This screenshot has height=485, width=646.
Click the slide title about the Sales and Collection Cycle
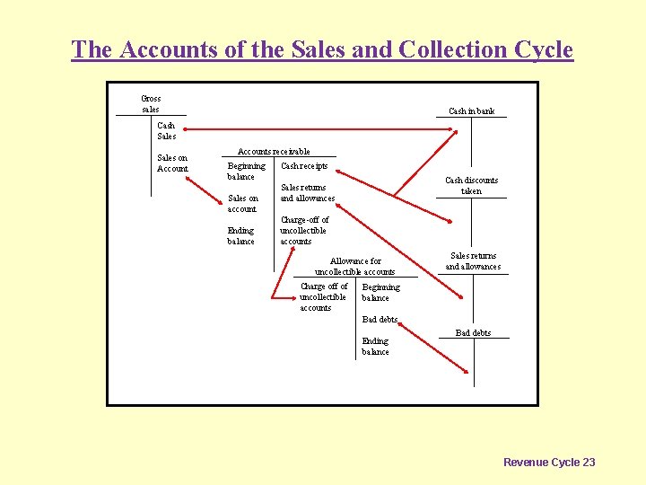tap(322, 49)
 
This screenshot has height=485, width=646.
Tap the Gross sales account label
tap(151, 103)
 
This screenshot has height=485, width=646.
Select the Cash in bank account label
tap(471, 111)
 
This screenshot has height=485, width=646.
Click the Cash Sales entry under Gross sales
tap(166, 130)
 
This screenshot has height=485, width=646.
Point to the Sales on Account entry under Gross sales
tap(172, 163)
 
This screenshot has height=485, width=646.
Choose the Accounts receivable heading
tap(273, 152)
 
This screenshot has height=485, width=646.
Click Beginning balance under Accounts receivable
tap(246, 171)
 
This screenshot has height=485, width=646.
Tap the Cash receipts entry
tap(304, 166)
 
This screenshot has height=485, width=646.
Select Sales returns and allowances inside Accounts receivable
tap(307, 193)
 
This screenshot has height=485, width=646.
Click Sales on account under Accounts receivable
tap(242, 203)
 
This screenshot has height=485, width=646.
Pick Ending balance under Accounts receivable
tap(240, 235)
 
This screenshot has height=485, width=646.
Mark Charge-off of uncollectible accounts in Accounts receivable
tap(304, 230)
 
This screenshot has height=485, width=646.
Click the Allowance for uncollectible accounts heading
tap(354, 266)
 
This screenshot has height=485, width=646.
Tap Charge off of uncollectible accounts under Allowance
tap(323, 297)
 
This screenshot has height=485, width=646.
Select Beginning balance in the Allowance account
tap(380, 292)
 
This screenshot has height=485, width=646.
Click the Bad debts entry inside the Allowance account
tap(379, 320)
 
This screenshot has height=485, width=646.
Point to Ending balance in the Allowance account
tap(375, 346)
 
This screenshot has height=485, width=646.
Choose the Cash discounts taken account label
tap(471, 185)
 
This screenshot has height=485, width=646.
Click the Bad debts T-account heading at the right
tap(473, 333)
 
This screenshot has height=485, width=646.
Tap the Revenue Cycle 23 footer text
tap(548, 462)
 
